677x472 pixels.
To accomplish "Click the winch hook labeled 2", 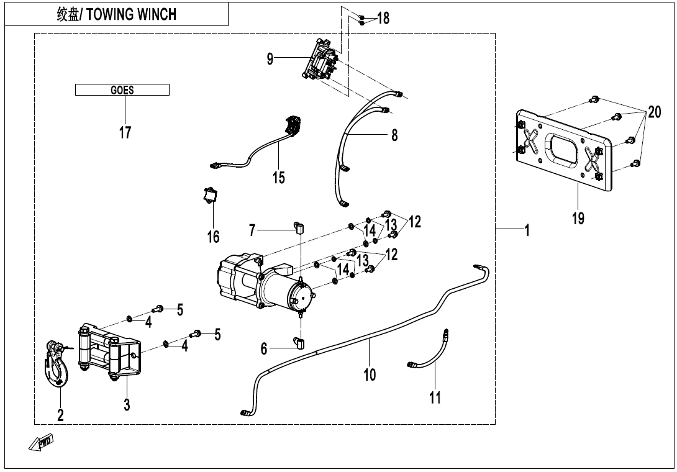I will coord(58,366).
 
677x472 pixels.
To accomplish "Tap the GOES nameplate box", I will coord(122,90).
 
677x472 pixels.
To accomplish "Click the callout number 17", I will coord(125,132).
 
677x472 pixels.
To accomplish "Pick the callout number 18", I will coord(383,18).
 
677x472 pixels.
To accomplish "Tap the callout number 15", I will coord(278,178).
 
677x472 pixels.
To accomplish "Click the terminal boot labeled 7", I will coord(298,227).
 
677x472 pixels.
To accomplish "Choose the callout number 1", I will coord(527,231).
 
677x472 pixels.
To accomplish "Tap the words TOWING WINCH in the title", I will coord(131,14).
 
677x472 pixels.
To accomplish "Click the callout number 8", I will coord(394,135).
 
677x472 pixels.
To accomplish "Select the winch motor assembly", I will coord(264,286).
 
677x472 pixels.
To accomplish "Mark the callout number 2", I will coord(60,415).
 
